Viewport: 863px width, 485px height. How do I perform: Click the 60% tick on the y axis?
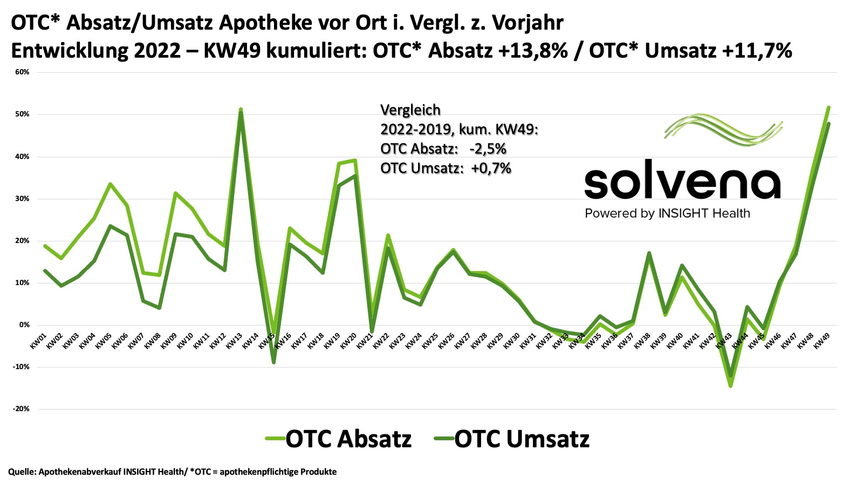[22, 72]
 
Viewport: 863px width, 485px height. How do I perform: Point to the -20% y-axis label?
[21, 409]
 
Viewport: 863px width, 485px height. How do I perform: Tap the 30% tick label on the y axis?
[22, 199]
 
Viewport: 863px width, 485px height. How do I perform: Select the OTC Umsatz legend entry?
[512, 439]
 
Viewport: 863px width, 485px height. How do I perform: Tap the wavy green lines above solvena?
[723, 130]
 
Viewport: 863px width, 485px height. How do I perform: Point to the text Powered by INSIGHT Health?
[667, 213]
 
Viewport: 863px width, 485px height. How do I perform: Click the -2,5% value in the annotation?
[488, 149]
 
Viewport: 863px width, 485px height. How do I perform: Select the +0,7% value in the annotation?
[491, 168]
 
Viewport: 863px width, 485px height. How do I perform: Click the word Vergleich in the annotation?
[410, 110]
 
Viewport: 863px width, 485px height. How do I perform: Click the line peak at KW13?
[241, 110]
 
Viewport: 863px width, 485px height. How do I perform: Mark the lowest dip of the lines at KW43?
[730, 385]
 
